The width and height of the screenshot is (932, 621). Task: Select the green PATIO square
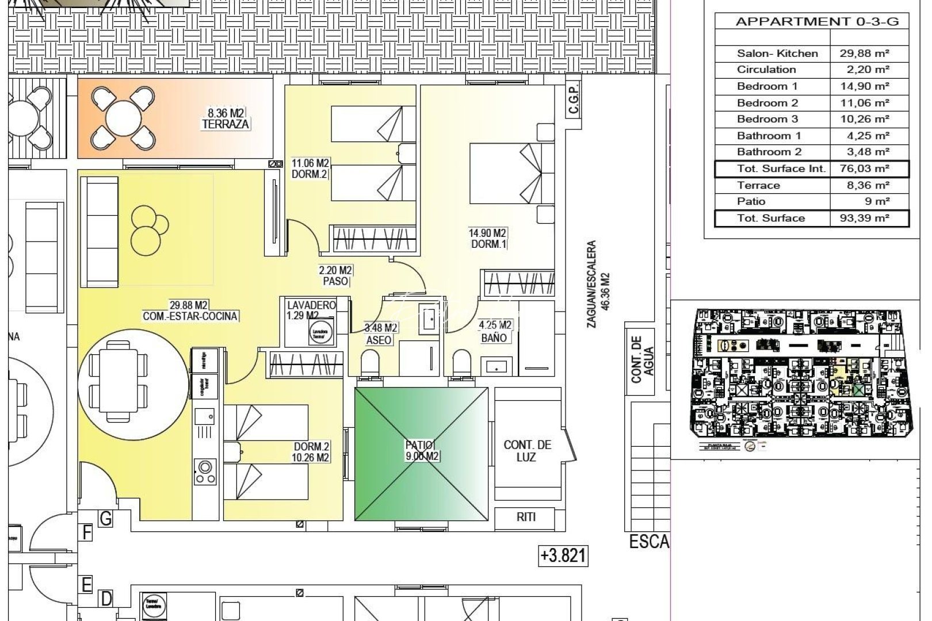pyautogui.click(x=421, y=454)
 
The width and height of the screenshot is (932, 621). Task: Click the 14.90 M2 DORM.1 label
pyautogui.click(x=487, y=238)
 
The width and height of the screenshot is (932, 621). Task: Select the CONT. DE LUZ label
pyautogui.click(x=527, y=451)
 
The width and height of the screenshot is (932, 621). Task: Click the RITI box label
pyautogui.click(x=526, y=517)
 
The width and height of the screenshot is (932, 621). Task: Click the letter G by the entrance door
pyautogui.click(x=106, y=519)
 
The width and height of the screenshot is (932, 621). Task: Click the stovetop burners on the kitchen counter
pyautogui.click(x=205, y=471)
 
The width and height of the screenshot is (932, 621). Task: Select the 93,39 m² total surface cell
pyautogui.click(x=869, y=218)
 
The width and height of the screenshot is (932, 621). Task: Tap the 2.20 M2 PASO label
pyautogui.click(x=336, y=275)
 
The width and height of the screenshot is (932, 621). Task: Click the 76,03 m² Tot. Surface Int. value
pyautogui.click(x=869, y=168)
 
